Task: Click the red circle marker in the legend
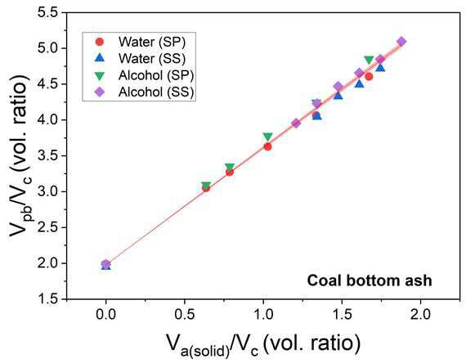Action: pyautogui.click(x=99, y=42)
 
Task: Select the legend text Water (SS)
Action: pyautogui.click(x=152, y=58)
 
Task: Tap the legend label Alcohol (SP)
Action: pyautogui.click(x=156, y=75)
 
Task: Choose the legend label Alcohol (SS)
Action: pyautogui.click(x=156, y=92)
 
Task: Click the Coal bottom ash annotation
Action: pyautogui.click(x=370, y=280)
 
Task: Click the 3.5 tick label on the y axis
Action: pyautogui.click(x=48, y=155)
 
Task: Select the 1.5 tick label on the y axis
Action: pyautogui.click(x=48, y=299)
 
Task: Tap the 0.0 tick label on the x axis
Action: pyautogui.click(x=105, y=314)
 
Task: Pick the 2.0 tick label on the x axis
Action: pyautogui.click(x=420, y=314)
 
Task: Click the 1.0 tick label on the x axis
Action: pyautogui.click(x=263, y=314)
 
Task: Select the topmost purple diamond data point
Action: pyautogui.click(x=401, y=42)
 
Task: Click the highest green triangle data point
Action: pyautogui.click(x=369, y=60)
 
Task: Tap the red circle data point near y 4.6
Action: pyautogui.click(x=369, y=77)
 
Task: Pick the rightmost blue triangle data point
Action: pyautogui.click(x=380, y=68)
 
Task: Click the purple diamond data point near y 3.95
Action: pyautogui.click(x=296, y=123)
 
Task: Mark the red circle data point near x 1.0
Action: pyautogui.click(x=267, y=146)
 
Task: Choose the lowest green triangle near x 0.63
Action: pyautogui.click(x=206, y=186)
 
